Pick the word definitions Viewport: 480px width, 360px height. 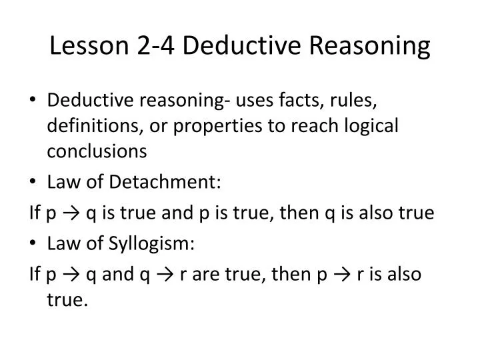87,125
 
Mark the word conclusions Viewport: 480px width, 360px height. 97,151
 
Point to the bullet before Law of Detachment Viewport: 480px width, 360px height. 33,182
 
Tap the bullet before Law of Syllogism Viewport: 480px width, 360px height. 33,243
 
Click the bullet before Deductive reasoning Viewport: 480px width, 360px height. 33,101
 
